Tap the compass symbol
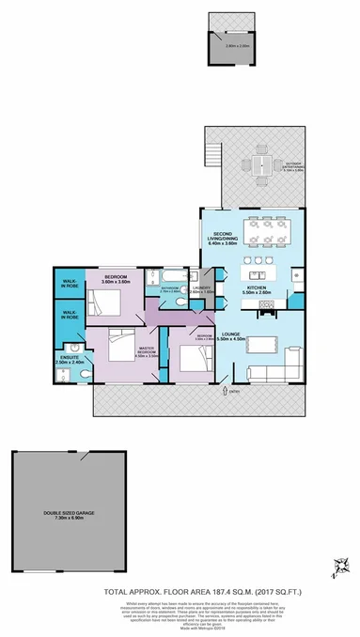coord(340,565)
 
